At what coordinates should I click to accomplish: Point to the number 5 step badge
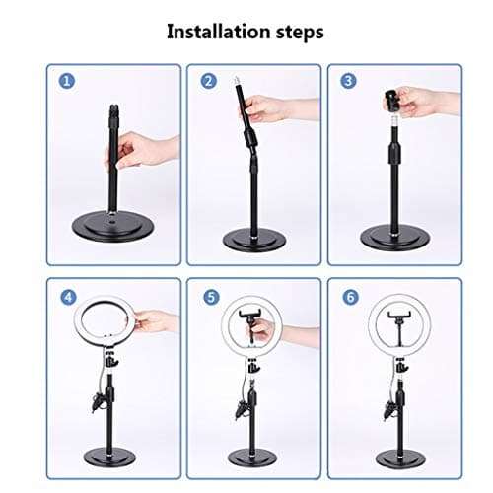point(208,296)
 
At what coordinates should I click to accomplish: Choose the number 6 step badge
point(348,296)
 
